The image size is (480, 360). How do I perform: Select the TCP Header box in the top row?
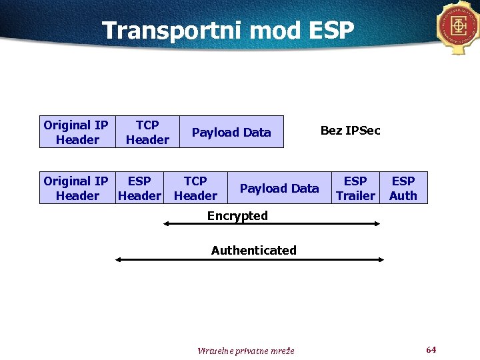pyautogui.click(x=147, y=132)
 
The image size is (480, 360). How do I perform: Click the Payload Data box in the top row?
pyautogui.click(x=231, y=132)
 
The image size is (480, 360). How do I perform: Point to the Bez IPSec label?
pyautogui.click(x=350, y=131)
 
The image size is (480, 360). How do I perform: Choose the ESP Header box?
pyautogui.click(x=139, y=188)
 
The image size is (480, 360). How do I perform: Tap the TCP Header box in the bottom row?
pyautogui.click(x=195, y=188)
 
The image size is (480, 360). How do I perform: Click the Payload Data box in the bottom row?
pyautogui.click(x=279, y=188)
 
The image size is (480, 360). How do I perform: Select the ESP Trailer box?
pyautogui.click(x=355, y=188)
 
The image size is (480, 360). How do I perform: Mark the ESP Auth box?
pyautogui.click(x=403, y=188)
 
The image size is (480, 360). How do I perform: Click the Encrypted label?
pyautogui.click(x=237, y=216)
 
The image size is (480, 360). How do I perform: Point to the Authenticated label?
pyautogui.click(x=253, y=251)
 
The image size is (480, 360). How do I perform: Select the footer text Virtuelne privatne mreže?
pyautogui.click(x=246, y=351)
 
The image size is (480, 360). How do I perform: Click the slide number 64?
pyautogui.click(x=431, y=350)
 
